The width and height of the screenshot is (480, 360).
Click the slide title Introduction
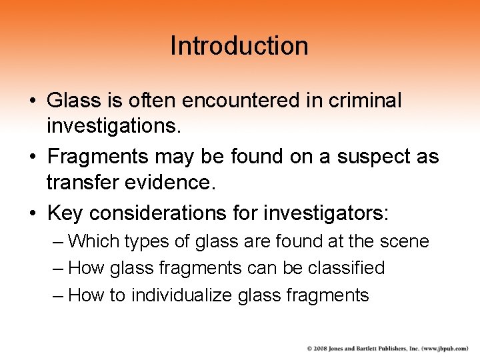[239, 46]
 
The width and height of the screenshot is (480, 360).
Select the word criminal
[365, 100]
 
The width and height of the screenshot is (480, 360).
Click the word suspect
[378, 157]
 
